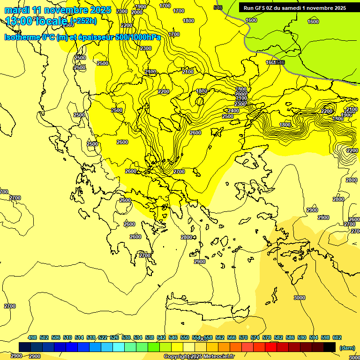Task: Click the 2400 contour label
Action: point(233,111)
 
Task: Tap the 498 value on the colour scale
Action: point(32,337)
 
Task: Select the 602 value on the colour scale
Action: point(337,337)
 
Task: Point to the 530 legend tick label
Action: point(126,337)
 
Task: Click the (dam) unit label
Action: point(347,348)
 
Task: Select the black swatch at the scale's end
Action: point(330,347)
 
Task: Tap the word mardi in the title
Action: point(17,10)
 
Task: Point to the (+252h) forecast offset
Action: point(84,20)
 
